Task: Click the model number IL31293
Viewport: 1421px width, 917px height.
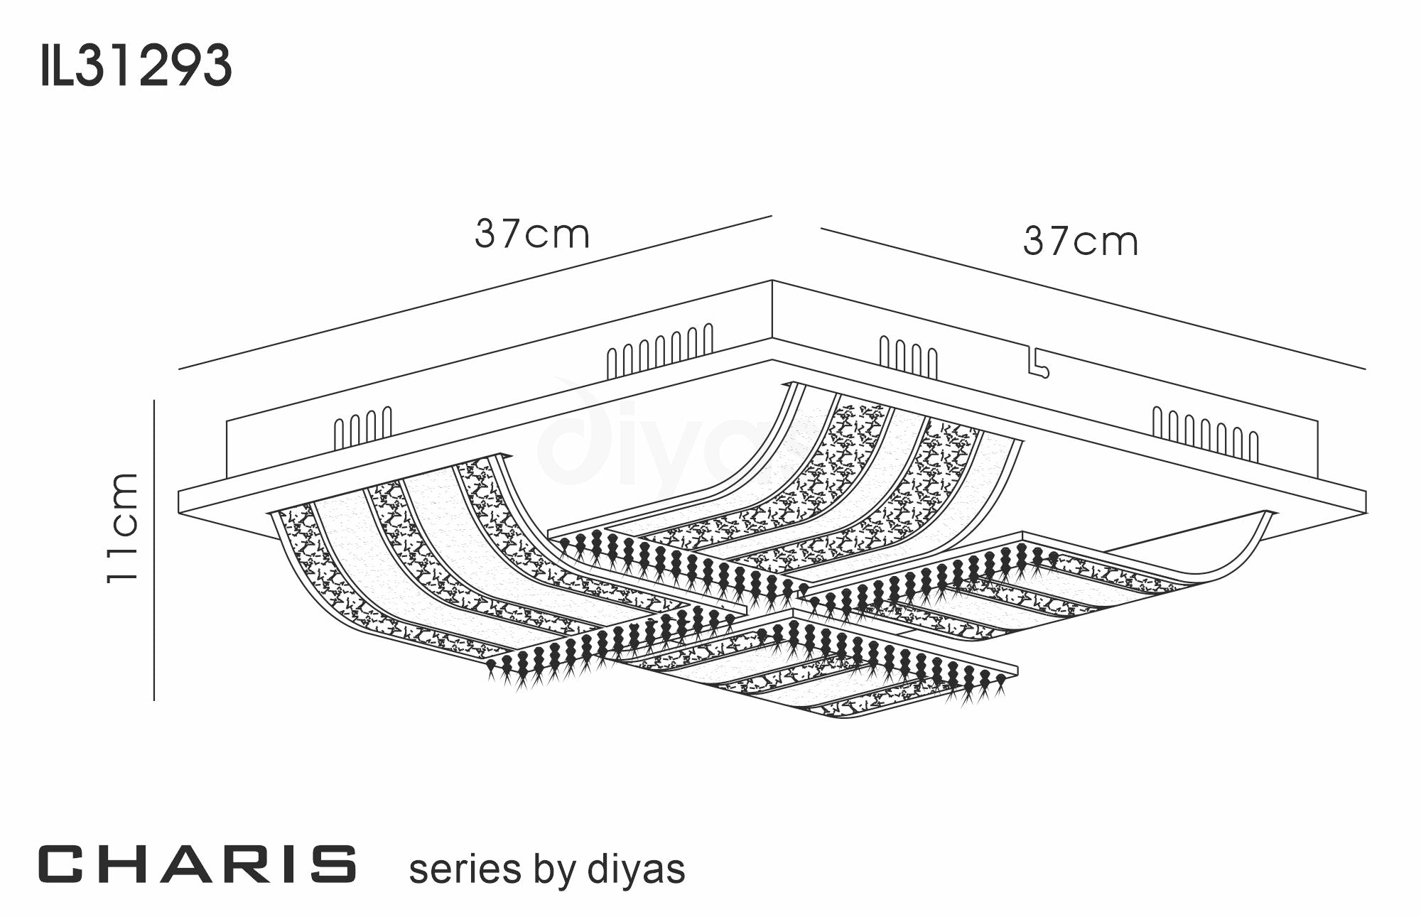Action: pyautogui.click(x=136, y=65)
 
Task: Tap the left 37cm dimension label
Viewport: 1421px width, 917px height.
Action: pyautogui.click(x=532, y=234)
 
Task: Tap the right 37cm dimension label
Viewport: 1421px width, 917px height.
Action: pyautogui.click(x=1080, y=242)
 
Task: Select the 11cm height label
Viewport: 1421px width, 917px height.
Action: pyautogui.click(x=122, y=528)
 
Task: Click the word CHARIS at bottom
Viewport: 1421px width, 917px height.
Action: pyautogui.click(x=197, y=864)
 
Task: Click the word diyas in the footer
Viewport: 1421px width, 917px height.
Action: pyautogui.click(x=637, y=869)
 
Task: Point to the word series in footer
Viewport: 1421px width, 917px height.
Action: pyautogui.click(x=465, y=869)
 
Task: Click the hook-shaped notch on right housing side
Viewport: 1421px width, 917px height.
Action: pyautogui.click(x=1037, y=363)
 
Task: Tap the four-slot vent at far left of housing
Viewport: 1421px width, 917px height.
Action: pyautogui.click(x=362, y=427)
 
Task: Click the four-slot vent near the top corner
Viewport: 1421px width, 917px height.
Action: pyautogui.click(x=908, y=357)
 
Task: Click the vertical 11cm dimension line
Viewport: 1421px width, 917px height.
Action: pyautogui.click(x=154, y=550)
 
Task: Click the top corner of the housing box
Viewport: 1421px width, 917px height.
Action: pyautogui.click(x=772, y=282)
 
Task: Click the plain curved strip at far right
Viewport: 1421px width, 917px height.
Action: pyautogui.click(x=1236, y=554)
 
